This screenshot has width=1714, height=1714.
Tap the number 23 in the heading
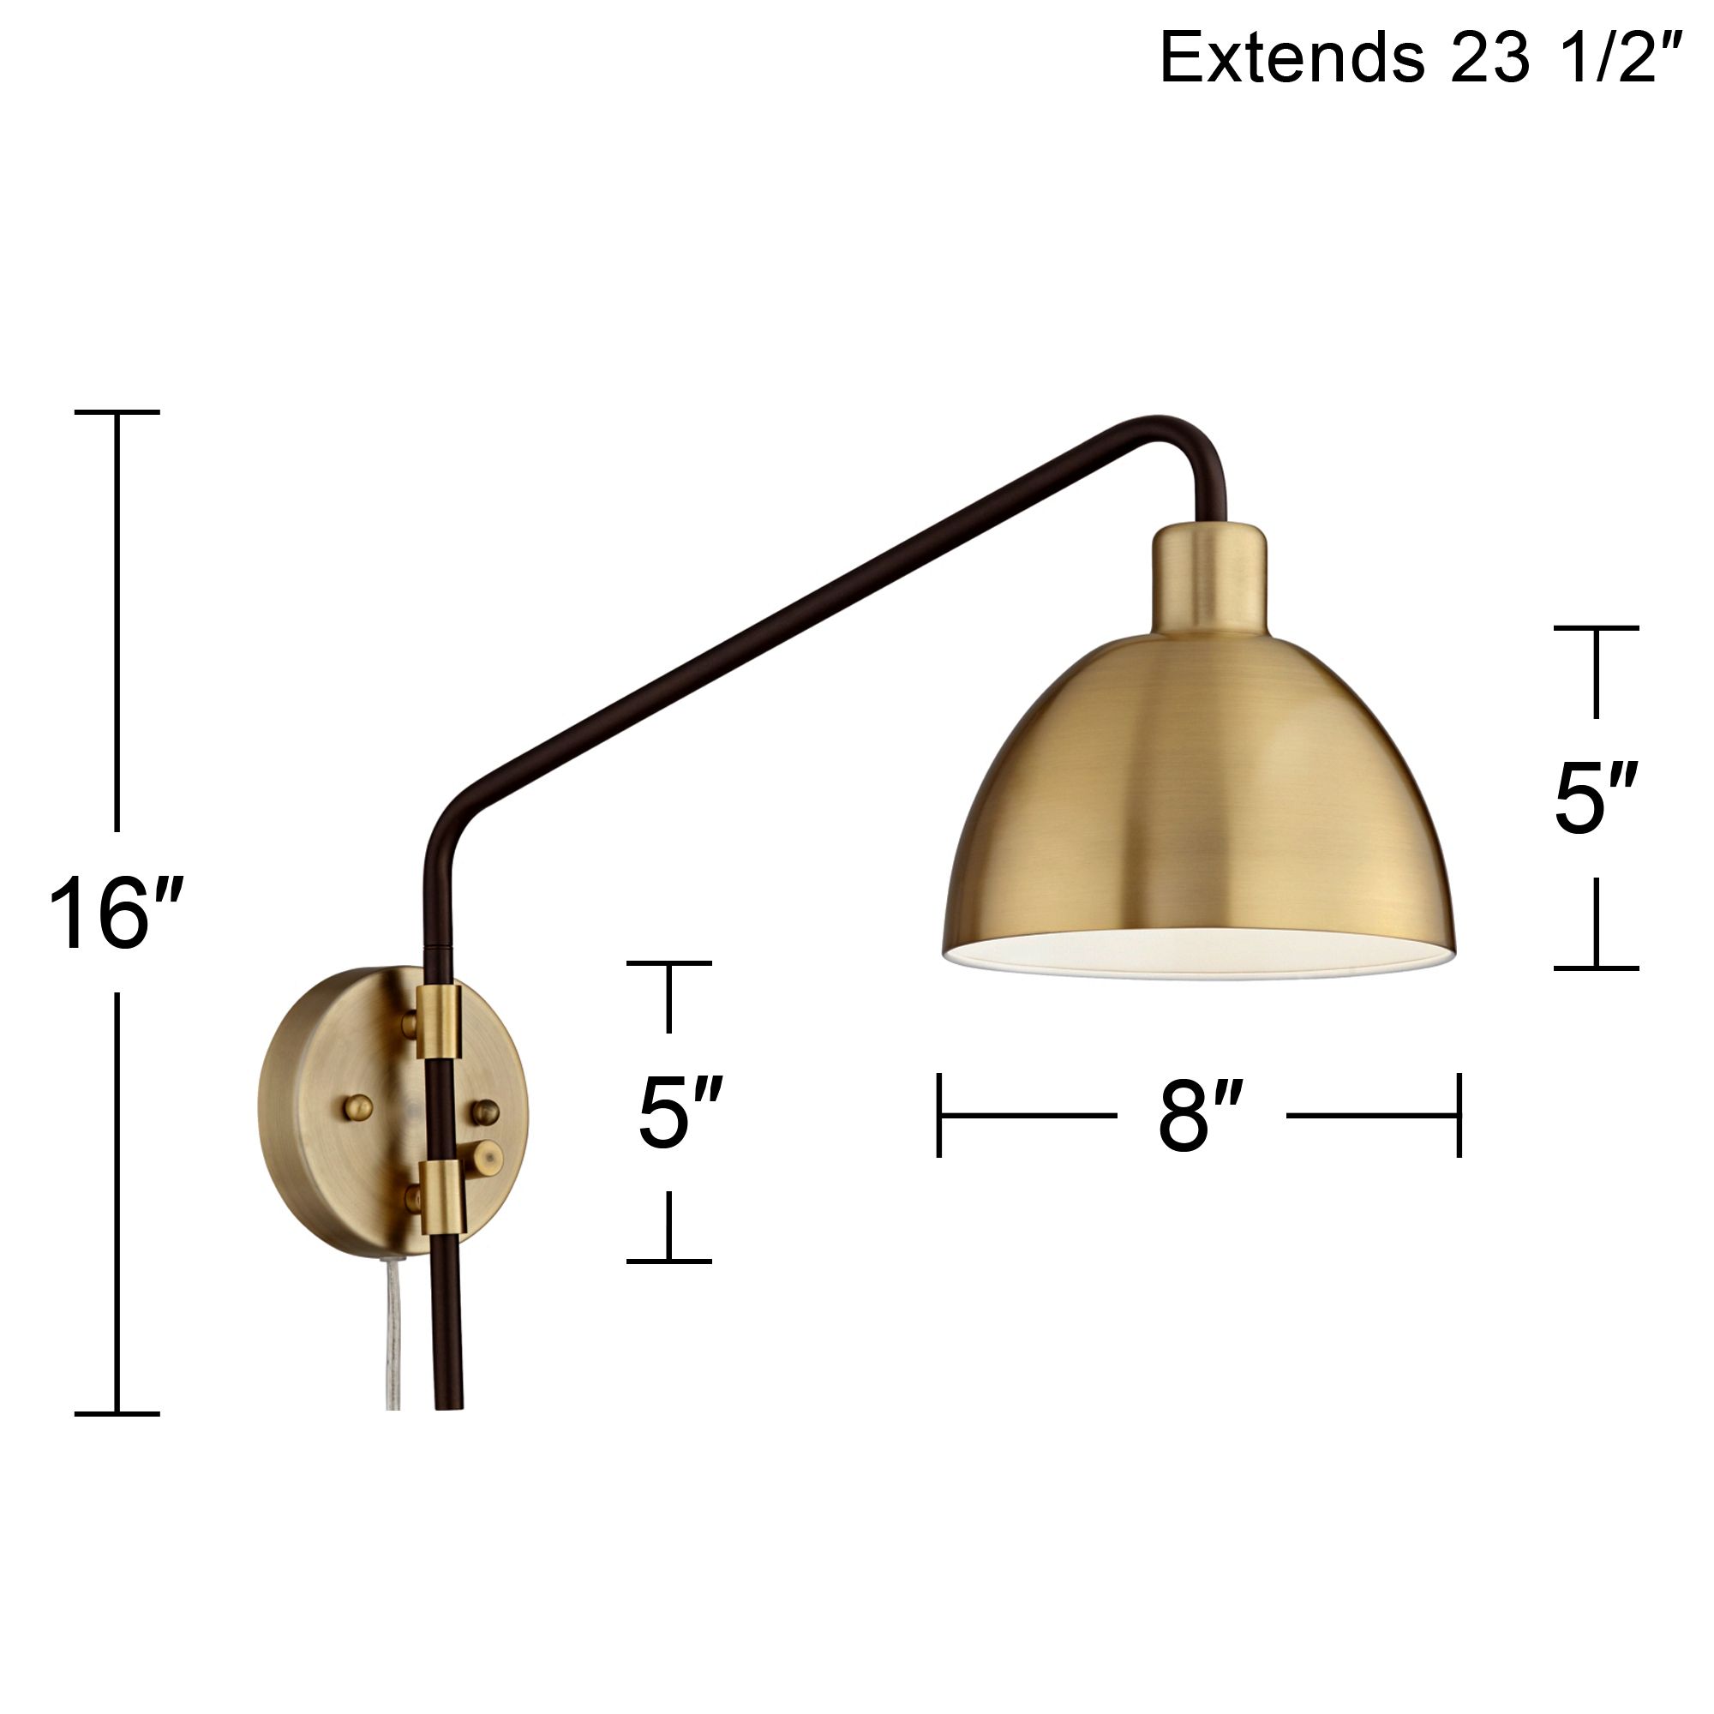click(x=1490, y=57)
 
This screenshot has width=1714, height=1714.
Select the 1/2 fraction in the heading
click(x=1624, y=57)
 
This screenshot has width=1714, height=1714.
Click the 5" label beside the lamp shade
click(x=1595, y=800)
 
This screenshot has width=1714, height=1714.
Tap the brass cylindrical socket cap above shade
click(x=1208, y=579)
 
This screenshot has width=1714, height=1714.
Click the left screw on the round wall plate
click(x=358, y=1106)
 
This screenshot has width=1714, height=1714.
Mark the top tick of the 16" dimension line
click(x=117, y=412)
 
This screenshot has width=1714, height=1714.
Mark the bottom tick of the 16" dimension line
click(x=117, y=1413)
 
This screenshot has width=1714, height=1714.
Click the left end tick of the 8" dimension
click(x=939, y=1115)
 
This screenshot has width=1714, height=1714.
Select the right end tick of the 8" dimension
click(x=1459, y=1115)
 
